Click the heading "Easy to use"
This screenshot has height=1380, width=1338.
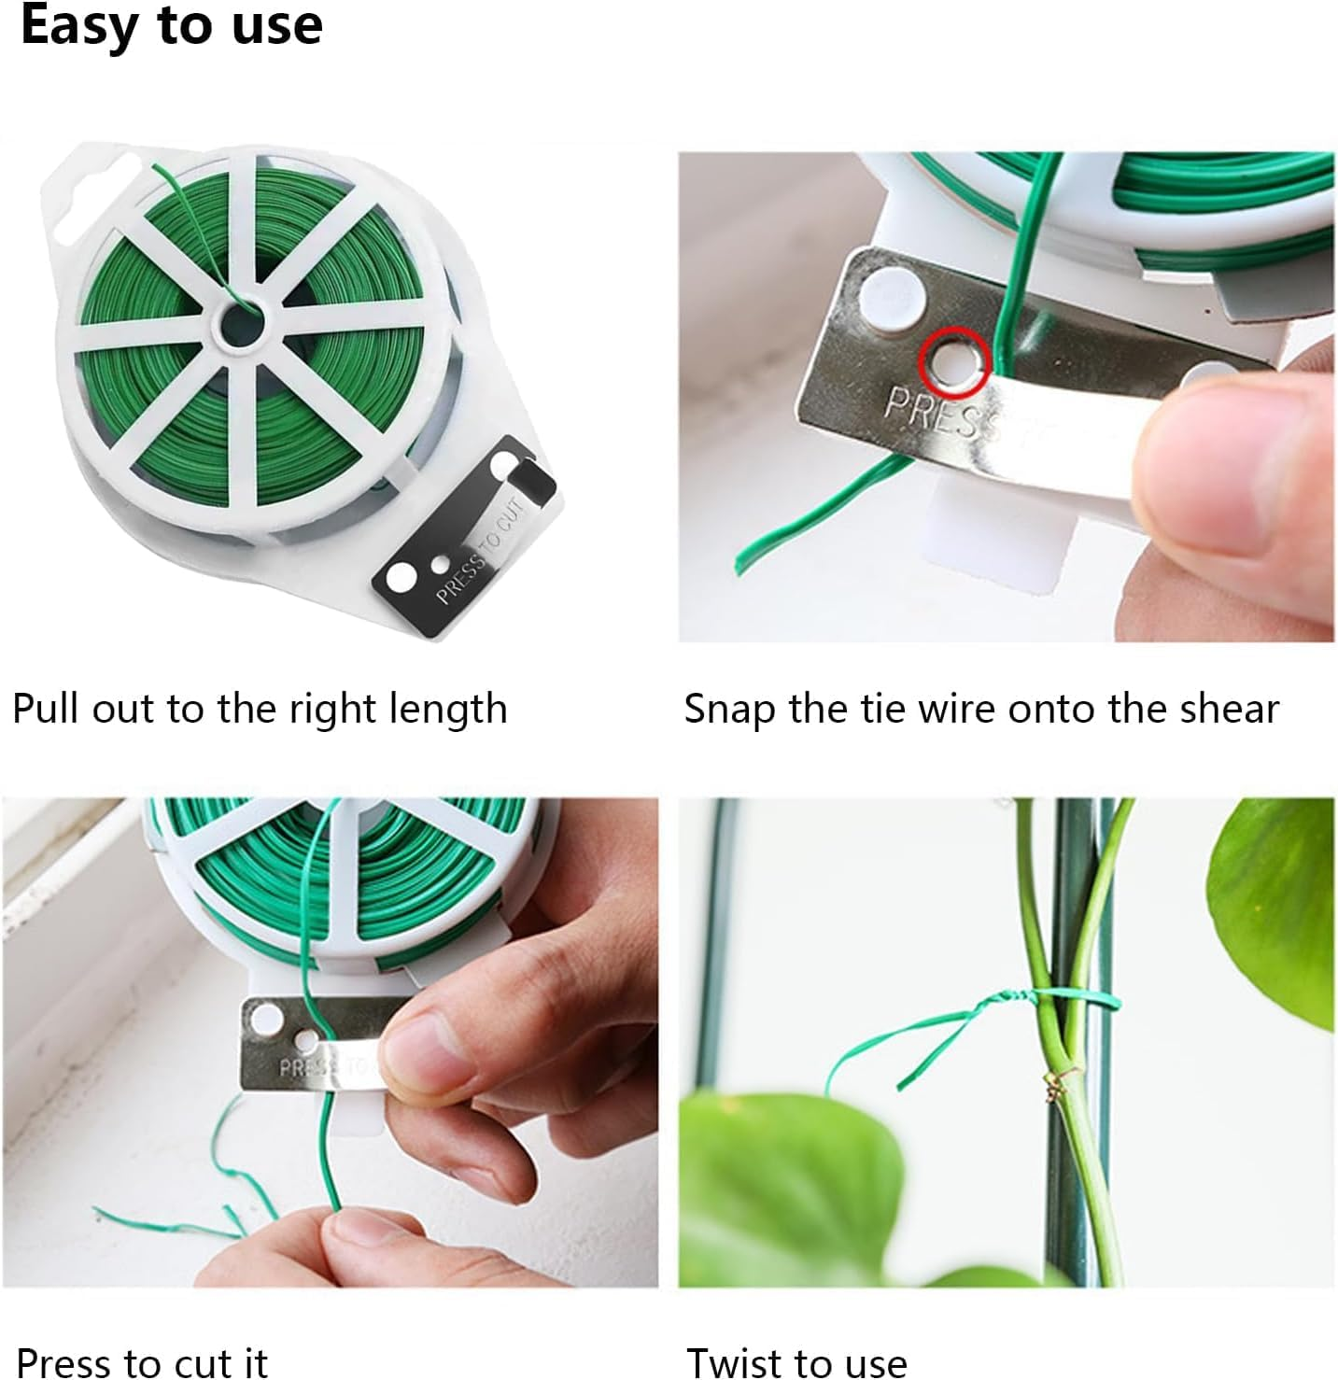pyautogui.click(x=172, y=25)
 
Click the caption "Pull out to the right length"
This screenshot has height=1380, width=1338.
pyautogui.click(x=260, y=709)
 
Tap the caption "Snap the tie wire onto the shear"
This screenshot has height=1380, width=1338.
pyautogui.click(x=980, y=709)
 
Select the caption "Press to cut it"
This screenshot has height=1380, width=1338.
pyautogui.click(x=142, y=1362)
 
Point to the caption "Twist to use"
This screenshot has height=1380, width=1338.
pyautogui.click(x=796, y=1362)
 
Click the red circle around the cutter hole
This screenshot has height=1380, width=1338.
pyautogui.click(x=953, y=361)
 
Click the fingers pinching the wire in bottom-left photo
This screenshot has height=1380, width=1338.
pyautogui.click(x=373, y=1232)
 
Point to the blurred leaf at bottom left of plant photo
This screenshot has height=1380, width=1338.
pyautogui.click(x=784, y=1186)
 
